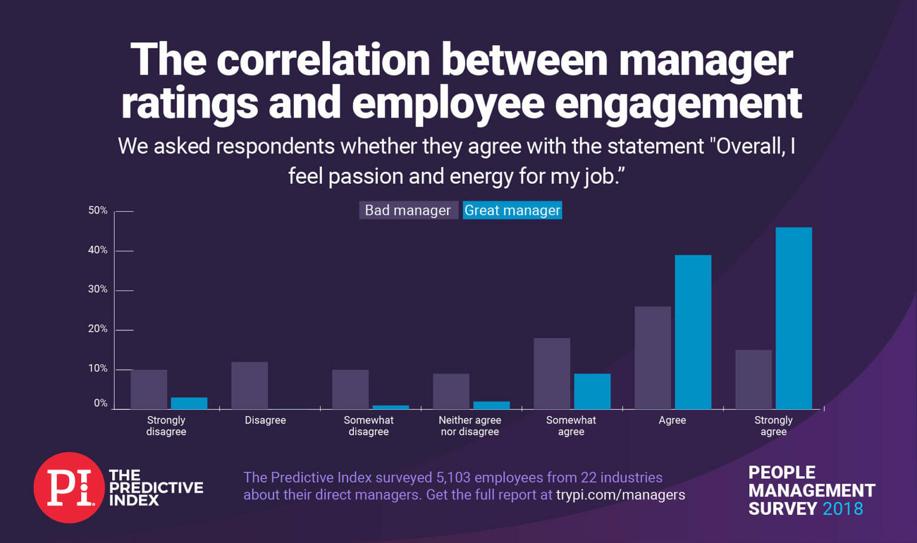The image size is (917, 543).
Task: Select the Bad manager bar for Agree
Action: click(x=653, y=357)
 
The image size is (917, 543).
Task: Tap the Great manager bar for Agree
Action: click(x=693, y=332)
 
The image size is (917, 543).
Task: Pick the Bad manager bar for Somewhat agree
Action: click(x=552, y=374)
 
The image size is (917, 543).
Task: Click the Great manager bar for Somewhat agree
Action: click(x=592, y=391)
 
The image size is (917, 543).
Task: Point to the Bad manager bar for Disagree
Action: click(x=250, y=385)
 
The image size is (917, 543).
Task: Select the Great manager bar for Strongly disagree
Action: click(x=189, y=403)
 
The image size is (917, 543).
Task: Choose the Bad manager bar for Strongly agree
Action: click(x=753, y=380)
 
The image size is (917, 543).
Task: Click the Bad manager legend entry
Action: click(x=408, y=210)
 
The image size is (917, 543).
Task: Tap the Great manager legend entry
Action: click(x=512, y=210)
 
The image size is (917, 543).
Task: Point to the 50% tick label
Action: click(x=98, y=211)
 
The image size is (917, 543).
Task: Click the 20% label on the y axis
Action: click(x=98, y=329)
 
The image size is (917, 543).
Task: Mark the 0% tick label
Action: click(x=100, y=403)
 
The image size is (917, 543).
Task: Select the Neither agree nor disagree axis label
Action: click(x=470, y=426)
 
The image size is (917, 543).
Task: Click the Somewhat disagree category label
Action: click(x=368, y=426)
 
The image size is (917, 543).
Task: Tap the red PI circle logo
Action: click(x=69, y=488)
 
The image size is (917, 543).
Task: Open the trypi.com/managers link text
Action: click(x=620, y=495)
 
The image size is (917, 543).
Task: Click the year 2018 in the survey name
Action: click(x=842, y=509)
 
